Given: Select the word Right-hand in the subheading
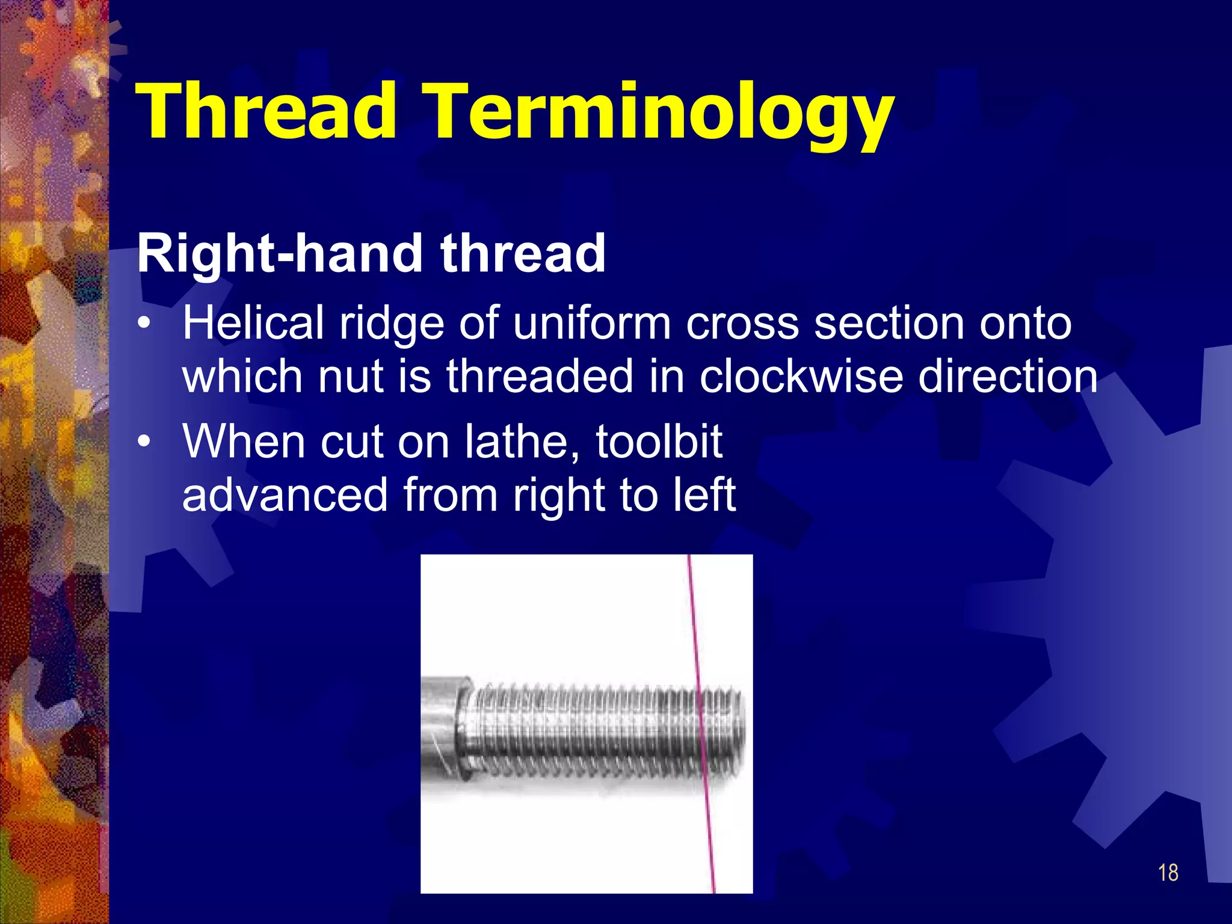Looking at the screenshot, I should coord(280,254).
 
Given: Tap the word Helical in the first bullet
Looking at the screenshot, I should coord(253,324).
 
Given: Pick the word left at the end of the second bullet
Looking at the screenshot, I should coord(704,494).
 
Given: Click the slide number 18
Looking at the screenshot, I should coord(1168,873).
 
